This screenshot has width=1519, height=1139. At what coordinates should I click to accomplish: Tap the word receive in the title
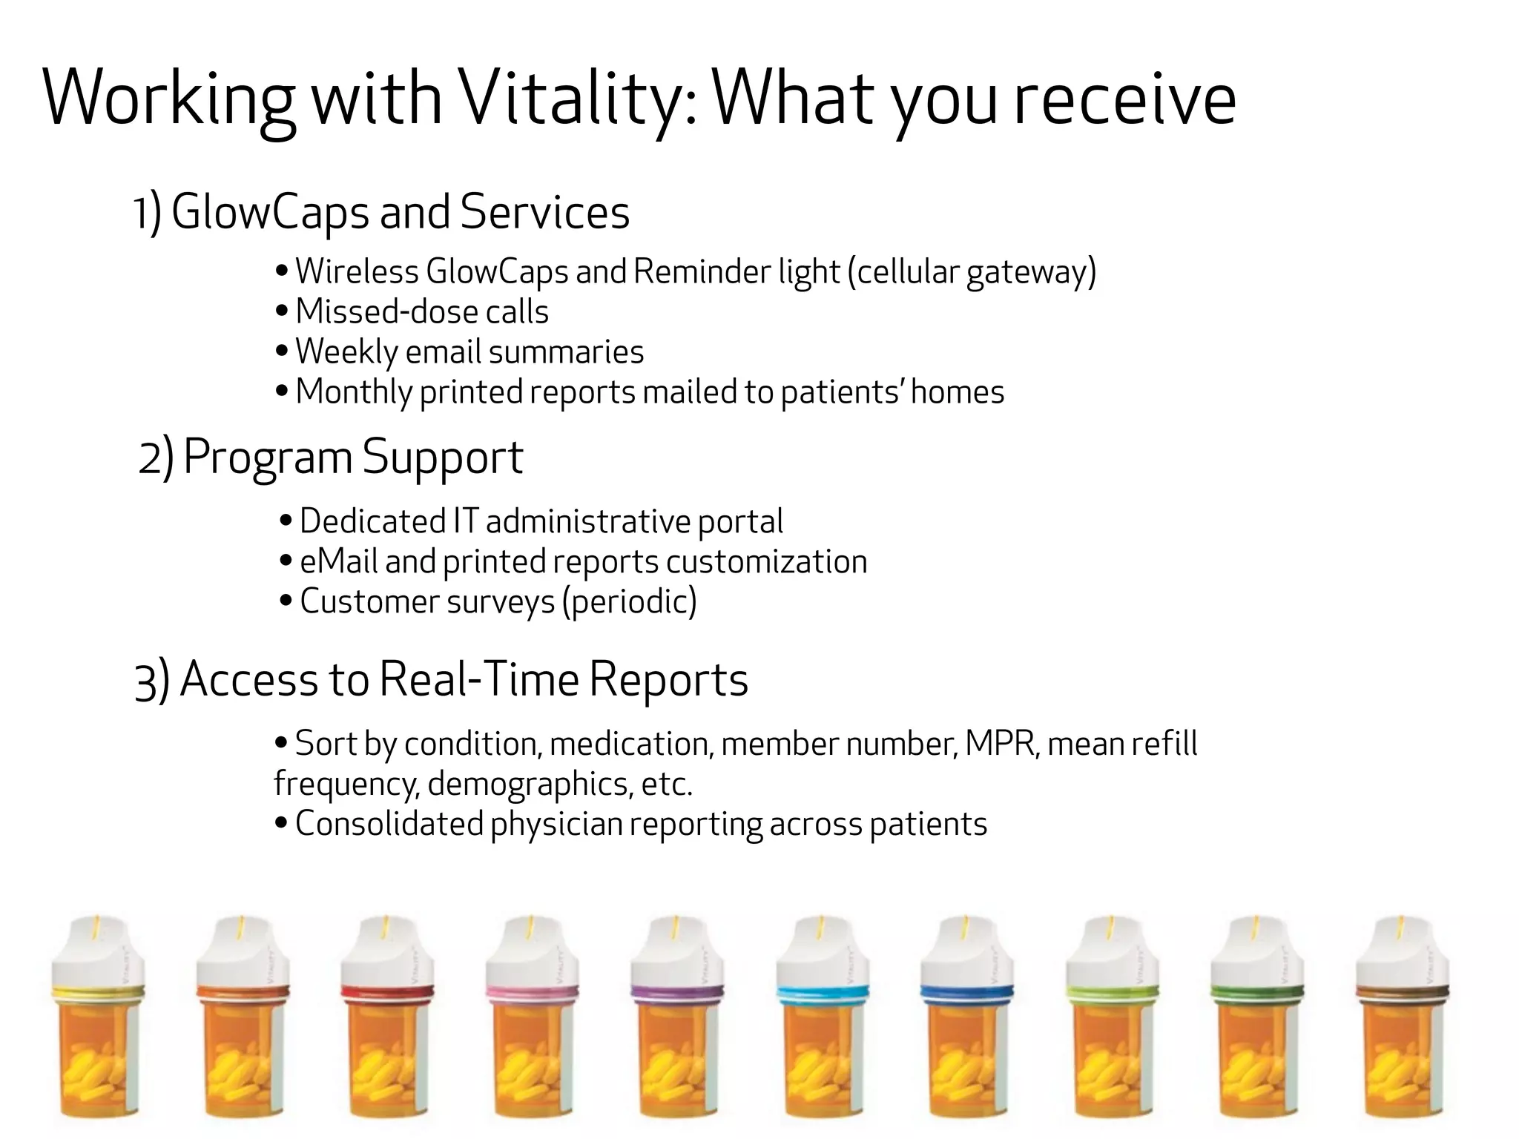(1124, 99)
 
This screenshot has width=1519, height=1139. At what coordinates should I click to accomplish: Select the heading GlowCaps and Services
(400, 212)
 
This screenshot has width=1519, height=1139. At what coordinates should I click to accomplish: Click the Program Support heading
(353, 457)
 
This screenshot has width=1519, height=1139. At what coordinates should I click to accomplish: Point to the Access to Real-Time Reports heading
(464, 679)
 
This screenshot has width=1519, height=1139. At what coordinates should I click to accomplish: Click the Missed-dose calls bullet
(421, 311)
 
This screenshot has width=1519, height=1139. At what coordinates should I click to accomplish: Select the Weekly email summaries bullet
(469, 351)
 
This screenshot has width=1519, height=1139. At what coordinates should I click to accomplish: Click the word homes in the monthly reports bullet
(957, 392)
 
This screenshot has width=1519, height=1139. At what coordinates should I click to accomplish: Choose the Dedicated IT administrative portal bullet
(541, 521)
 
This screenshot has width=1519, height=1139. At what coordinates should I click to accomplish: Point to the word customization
(766, 561)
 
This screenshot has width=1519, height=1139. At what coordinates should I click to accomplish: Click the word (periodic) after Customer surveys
(630, 601)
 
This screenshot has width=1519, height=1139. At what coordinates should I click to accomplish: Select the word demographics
(530, 784)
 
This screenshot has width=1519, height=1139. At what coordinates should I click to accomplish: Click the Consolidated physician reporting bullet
(640, 824)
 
